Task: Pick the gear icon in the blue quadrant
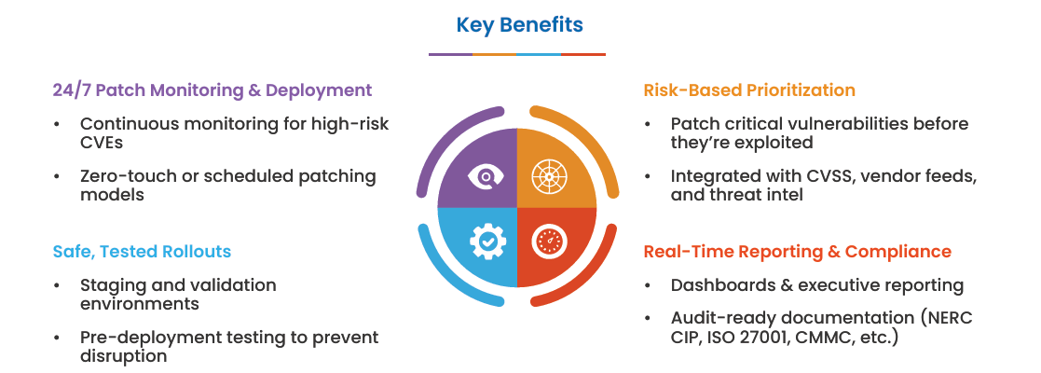pyautogui.click(x=486, y=242)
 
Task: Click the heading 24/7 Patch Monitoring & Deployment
pyautogui.click(x=212, y=90)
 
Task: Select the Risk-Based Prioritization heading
pyautogui.click(x=749, y=90)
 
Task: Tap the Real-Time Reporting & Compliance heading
pyautogui.click(x=797, y=252)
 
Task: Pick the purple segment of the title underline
pyautogui.click(x=450, y=54)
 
